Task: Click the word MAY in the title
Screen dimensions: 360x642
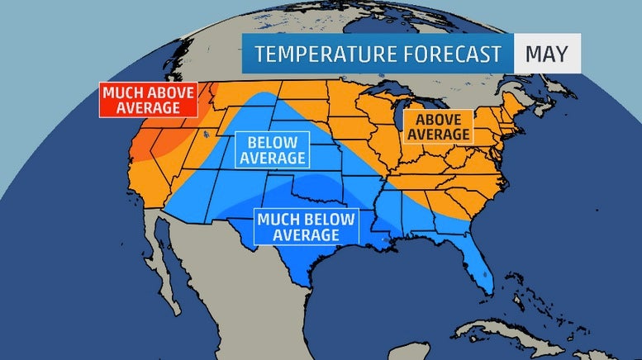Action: pyautogui.click(x=546, y=54)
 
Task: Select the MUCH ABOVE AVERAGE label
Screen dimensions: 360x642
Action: pyautogui.click(x=149, y=100)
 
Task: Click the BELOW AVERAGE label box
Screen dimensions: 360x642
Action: pyautogui.click(x=270, y=149)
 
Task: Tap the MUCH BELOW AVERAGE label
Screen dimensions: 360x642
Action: pyautogui.click(x=307, y=227)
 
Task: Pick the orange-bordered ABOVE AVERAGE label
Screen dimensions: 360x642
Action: pyautogui.click(x=436, y=127)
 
